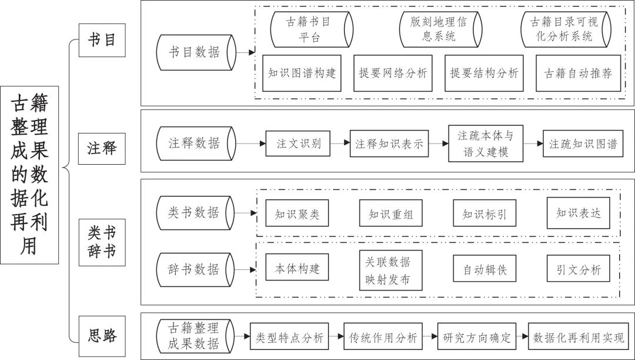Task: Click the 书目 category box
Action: (102, 40)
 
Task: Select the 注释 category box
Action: (102, 149)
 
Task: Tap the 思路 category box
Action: (102, 335)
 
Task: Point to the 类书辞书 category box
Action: (102, 242)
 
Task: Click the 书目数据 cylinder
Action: (196, 52)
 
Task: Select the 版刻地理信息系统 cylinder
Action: (440, 29)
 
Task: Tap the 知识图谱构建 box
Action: (302, 74)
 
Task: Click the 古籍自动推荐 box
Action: (578, 74)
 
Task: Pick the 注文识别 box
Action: (298, 144)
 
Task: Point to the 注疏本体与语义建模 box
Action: (486, 144)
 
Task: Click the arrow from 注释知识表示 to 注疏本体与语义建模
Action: (438, 144)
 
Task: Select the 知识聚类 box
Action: (297, 213)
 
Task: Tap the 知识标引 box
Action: (484, 213)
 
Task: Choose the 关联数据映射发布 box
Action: (391, 270)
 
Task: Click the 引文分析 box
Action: (578, 268)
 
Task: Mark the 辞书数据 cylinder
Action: (195, 269)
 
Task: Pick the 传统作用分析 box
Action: (383, 336)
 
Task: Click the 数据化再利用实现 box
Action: (579, 336)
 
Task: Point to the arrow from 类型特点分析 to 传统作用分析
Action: (336, 336)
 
